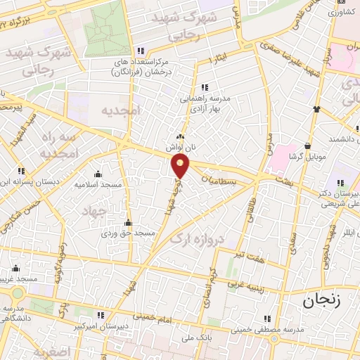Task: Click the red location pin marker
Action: point(181,166)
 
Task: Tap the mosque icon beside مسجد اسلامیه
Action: point(98,174)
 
